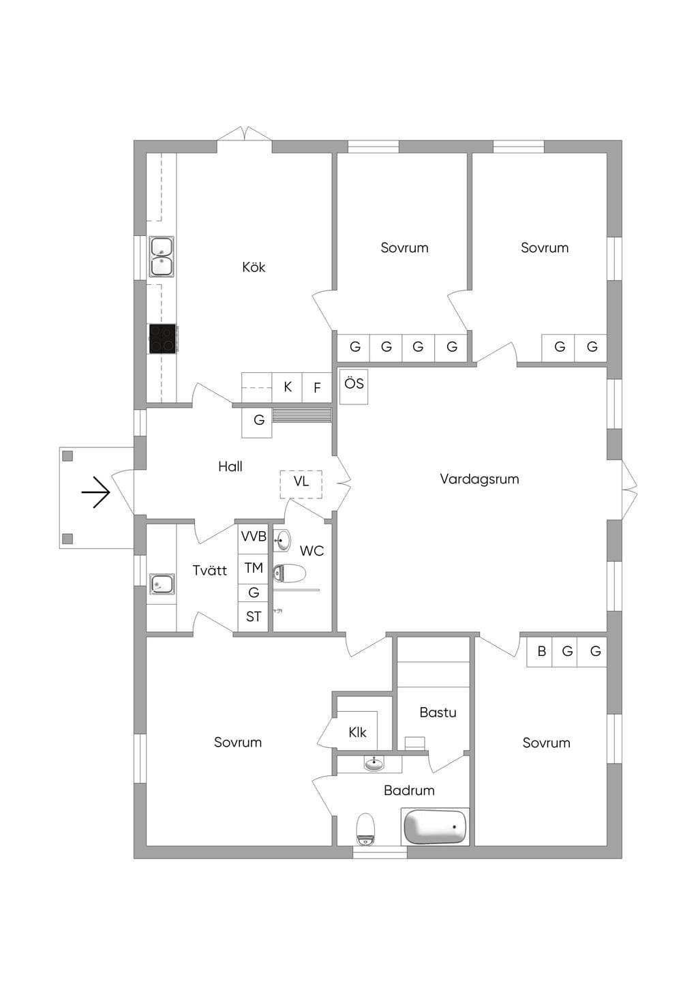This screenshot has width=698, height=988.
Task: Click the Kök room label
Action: point(254,267)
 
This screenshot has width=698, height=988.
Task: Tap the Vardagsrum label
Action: point(479,479)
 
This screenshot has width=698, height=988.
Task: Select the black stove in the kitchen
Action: point(163,339)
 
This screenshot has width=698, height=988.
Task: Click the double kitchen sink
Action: point(162,256)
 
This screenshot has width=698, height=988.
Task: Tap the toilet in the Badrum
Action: point(365,828)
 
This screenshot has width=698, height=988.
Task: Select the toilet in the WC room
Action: point(289,573)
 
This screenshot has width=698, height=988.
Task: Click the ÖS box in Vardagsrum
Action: point(354,387)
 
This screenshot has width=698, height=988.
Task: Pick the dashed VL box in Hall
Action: point(301,484)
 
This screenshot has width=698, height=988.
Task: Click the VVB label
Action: point(254,537)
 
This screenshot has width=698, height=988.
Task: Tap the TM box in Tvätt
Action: point(253,569)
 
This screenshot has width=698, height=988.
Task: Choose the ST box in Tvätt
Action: point(253,616)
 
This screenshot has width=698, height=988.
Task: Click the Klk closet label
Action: point(357,732)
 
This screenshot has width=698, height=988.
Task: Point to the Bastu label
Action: point(438,713)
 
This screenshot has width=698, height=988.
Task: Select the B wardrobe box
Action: point(542,651)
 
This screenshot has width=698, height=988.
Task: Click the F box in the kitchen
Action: point(316,387)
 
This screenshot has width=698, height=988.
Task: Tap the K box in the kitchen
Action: point(288,387)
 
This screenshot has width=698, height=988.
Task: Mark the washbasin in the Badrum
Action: point(374,763)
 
